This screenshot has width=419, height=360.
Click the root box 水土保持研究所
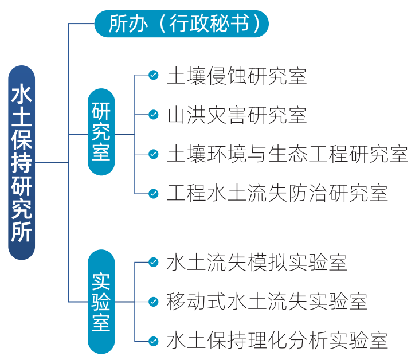(22, 163)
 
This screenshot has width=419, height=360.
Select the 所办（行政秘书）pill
(181, 24)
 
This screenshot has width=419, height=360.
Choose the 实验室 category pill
(101, 302)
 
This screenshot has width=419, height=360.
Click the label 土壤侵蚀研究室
(237, 76)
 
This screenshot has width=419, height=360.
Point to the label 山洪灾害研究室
(237, 115)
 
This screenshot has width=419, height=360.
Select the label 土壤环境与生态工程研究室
(287, 154)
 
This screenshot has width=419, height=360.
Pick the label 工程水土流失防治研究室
(277, 193)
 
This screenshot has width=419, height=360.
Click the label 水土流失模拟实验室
(257, 263)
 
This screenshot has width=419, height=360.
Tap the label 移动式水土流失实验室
(267, 302)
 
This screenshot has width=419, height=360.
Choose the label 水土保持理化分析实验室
(277, 341)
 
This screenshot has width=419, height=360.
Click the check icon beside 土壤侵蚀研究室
(153, 76)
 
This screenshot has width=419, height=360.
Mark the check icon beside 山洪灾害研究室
(153, 115)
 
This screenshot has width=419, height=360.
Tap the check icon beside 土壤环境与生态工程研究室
(153, 154)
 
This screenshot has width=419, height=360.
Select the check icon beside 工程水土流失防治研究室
(153, 193)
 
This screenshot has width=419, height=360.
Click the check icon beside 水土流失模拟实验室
(153, 263)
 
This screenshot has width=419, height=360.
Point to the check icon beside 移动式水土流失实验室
(153, 302)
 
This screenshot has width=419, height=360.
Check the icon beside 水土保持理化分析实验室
(153, 341)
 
